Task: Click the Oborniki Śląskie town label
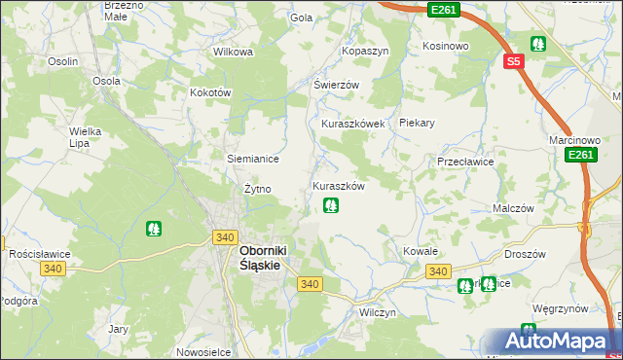coord(267,256)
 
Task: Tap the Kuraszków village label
coord(338,186)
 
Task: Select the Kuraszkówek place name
coord(353,125)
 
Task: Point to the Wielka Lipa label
coord(86,136)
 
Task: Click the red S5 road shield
coord(514,61)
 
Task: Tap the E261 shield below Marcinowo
coord(579,156)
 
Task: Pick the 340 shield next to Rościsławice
coord(53,269)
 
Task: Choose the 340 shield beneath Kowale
coord(437,270)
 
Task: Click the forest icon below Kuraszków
coord(331,205)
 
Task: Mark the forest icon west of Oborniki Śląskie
coord(153,230)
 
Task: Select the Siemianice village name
coord(253,159)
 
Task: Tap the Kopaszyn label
coord(364,50)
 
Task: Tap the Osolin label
coord(63,61)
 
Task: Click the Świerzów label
coord(336,85)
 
